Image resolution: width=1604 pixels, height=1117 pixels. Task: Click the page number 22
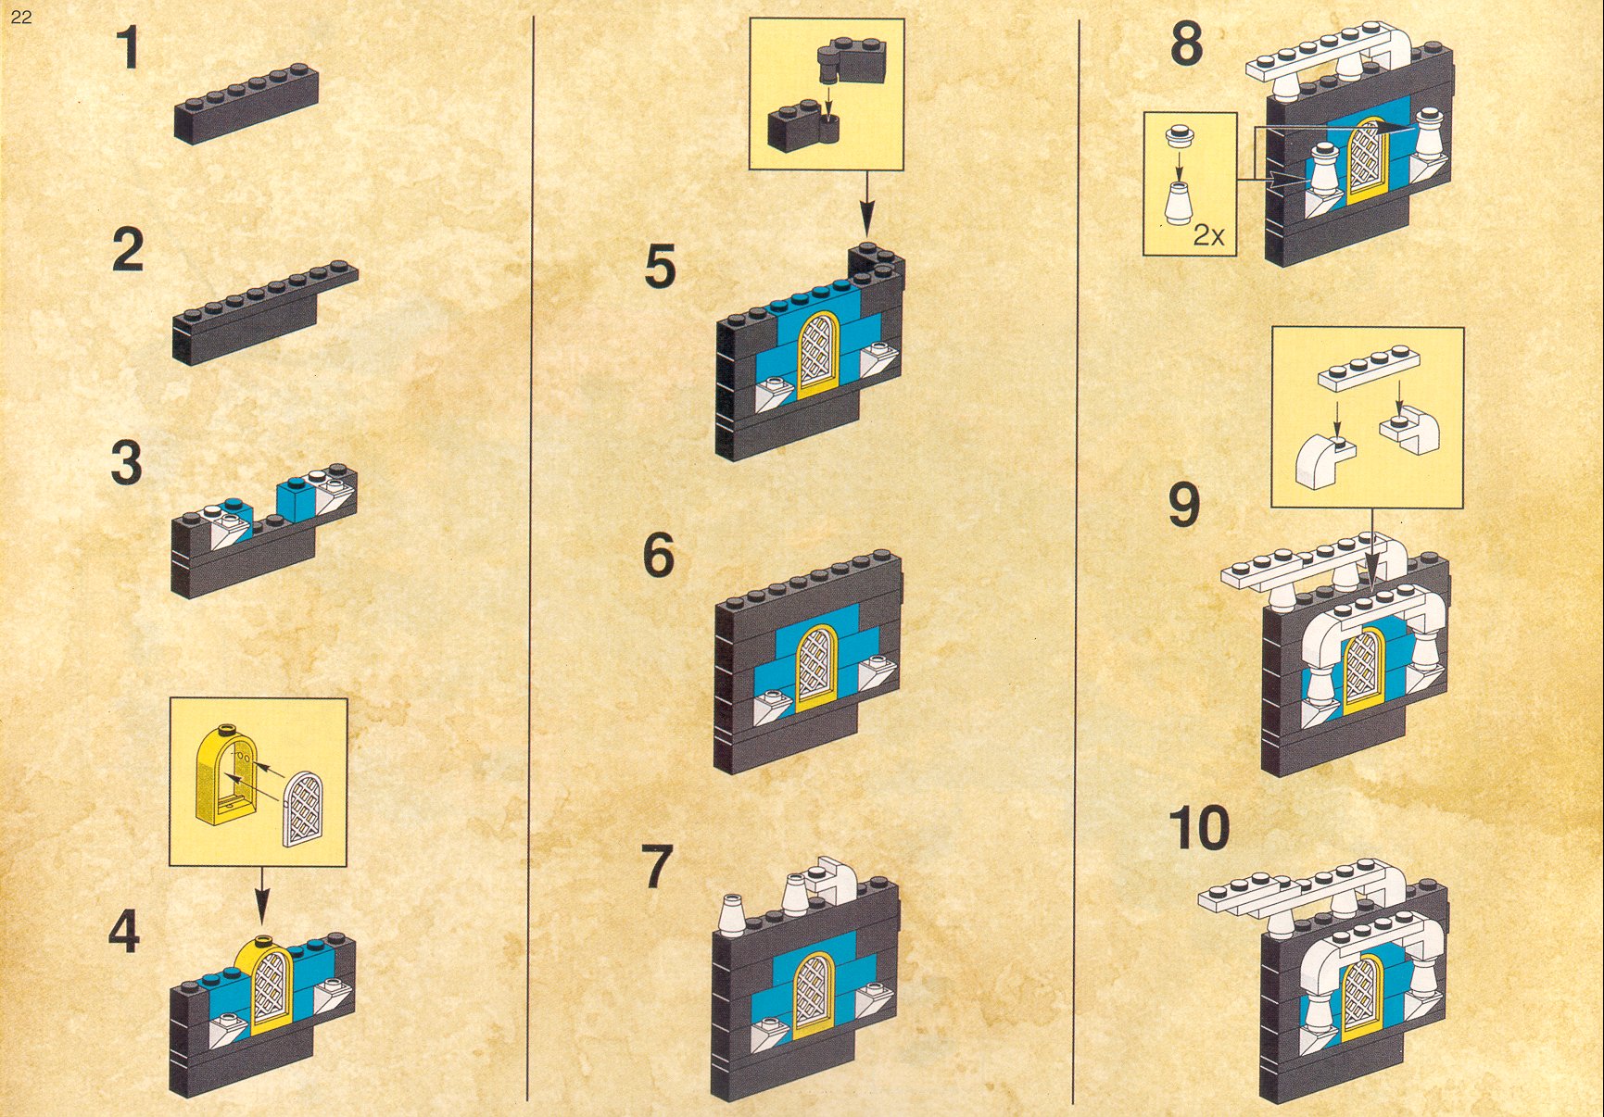tap(21, 17)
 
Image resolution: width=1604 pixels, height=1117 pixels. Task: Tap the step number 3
tap(127, 462)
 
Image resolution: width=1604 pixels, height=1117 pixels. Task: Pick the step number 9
tap(1184, 505)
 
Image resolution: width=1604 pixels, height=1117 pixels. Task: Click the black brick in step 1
tap(246, 103)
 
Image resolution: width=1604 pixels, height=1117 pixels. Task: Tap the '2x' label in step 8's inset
tap(1208, 235)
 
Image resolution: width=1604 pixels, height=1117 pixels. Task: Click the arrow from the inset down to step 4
tap(262, 895)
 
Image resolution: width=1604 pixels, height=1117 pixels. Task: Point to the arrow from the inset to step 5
tap(866, 203)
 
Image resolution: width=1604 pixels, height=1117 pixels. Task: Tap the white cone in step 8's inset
tap(1178, 202)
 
